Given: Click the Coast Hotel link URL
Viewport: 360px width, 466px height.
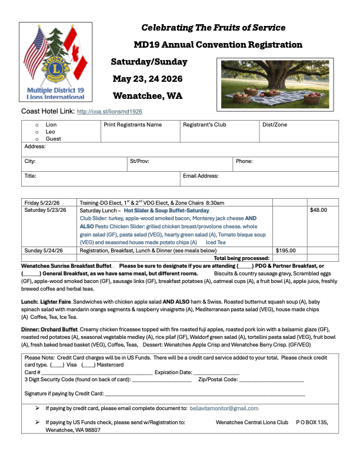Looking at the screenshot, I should pyautogui.click(x=109, y=111).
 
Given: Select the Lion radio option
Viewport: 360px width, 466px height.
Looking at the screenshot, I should pyautogui.click(x=36, y=125).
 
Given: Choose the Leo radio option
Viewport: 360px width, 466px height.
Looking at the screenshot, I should pyautogui.click(x=36, y=132).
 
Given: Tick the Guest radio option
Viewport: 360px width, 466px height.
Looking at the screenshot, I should pyautogui.click(x=36, y=139).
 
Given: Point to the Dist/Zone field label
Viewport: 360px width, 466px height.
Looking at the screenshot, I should pyautogui.click(x=274, y=125).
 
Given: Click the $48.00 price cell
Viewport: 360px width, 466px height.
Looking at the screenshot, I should pyautogui.click(x=319, y=209).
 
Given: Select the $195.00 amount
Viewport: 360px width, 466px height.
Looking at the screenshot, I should pyautogui.click(x=286, y=250).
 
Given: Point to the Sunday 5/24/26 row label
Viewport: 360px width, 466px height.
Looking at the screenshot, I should pyautogui.click(x=42, y=250).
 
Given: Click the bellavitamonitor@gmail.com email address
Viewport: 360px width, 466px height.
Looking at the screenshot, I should pyautogui.click(x=224, y=408).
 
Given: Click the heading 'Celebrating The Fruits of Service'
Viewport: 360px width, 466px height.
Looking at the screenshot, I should pyautogui.click(x=214, y=28).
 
